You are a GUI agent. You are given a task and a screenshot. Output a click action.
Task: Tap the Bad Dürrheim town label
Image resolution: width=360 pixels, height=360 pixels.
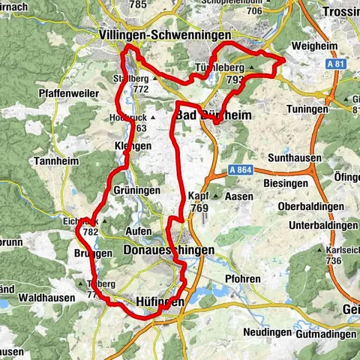pos(211,115)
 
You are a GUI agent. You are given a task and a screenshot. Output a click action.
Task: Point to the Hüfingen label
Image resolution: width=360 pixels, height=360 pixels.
pos(160,301)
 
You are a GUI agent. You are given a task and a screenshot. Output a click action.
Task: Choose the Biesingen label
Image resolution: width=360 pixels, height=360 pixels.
pos(289,181)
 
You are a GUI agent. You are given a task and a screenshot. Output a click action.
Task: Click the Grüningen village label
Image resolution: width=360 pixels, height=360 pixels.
pos(136,190)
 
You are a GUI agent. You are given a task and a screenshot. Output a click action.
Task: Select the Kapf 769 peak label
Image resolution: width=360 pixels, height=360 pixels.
pos(199,201)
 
